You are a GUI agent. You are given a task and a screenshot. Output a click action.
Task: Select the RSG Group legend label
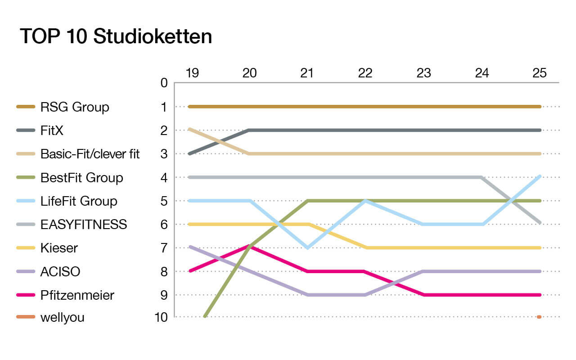tap(75, 107)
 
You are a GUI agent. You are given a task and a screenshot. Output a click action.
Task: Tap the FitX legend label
tap(52, 130)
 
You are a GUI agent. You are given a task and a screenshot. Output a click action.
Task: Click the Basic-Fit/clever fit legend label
tap(90, 154)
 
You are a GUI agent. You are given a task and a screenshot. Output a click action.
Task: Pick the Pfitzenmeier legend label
tap(77, 295)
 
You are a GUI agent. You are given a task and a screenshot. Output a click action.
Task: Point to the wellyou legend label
tap(62, 318)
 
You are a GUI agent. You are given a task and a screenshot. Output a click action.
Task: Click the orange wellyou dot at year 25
tap(539, 317)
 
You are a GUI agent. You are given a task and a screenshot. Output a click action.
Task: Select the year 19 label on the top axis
tap(192, 73)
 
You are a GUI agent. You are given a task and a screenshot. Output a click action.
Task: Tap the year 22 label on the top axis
tap(365, 73)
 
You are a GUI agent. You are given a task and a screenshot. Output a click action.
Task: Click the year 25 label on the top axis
tap(539, 73)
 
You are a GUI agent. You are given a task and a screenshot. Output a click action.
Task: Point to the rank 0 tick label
tap(164, 83)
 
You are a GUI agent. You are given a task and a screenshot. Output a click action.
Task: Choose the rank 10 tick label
tap(160, 318)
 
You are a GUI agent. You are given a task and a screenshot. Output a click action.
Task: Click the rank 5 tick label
tap(164, 201)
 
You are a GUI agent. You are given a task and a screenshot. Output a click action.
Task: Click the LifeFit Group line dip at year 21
tap(307, 247)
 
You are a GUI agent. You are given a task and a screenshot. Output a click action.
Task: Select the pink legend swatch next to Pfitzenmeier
tap(26, 295)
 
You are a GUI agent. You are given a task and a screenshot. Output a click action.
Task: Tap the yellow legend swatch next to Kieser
tap(26, 248)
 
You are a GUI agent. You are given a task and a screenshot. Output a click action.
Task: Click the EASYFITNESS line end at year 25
tap(539, 222)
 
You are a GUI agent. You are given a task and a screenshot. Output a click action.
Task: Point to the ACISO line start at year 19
tap(191, 247)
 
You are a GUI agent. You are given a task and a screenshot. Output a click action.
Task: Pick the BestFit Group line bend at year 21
tap(307, 201)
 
